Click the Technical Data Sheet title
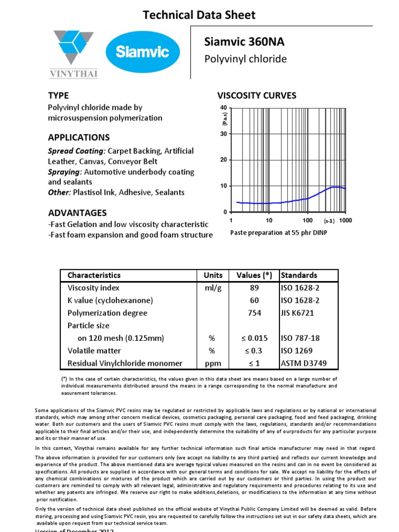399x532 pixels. click(x=199, y=15)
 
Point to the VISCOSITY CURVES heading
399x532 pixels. click(x=256, y=96)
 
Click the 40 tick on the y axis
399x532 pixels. click(x=223, y=108)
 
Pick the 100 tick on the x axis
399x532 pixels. click(x=308, y=220)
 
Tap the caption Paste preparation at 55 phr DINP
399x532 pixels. click(x=279, y=233)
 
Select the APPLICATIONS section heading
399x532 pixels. click(x=78, y=138)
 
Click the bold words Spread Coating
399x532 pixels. click(x=76, y=151)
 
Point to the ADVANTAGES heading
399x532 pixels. click(x=77, y=213)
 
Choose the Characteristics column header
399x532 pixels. click(x=94, y=275)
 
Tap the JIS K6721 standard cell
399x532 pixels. click(x=297, y=313)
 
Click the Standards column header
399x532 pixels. click(x=299, y=275)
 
